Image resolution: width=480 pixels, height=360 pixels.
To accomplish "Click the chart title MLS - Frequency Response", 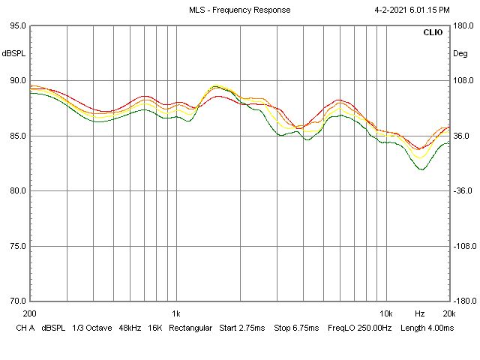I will [240, 10].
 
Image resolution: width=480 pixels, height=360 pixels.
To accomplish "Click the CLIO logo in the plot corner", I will [433, 33].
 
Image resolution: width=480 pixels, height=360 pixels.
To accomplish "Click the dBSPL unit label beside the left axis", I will [13, 53].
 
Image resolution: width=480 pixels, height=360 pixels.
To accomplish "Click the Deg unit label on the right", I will [460, 53].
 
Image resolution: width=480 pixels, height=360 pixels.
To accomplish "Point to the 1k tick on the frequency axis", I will [176, 313].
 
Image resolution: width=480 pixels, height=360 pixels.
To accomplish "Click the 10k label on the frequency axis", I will [386, 313].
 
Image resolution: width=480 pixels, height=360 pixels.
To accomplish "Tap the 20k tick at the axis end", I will [448, 313].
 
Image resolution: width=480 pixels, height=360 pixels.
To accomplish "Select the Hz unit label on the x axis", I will [420, 313].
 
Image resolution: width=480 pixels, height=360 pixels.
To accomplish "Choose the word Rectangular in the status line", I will [192, 328].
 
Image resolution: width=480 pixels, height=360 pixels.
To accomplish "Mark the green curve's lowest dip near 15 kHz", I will [421, 169].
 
